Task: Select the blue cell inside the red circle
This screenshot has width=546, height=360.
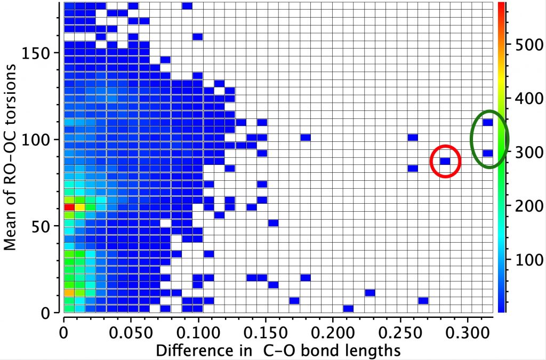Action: [x=445, y=161]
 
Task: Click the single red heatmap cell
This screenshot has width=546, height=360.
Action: [x=69, y=206]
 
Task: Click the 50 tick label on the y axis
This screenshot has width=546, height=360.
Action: [x=43, y=226]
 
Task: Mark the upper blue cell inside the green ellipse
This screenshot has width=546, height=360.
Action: [x=487, y=122]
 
